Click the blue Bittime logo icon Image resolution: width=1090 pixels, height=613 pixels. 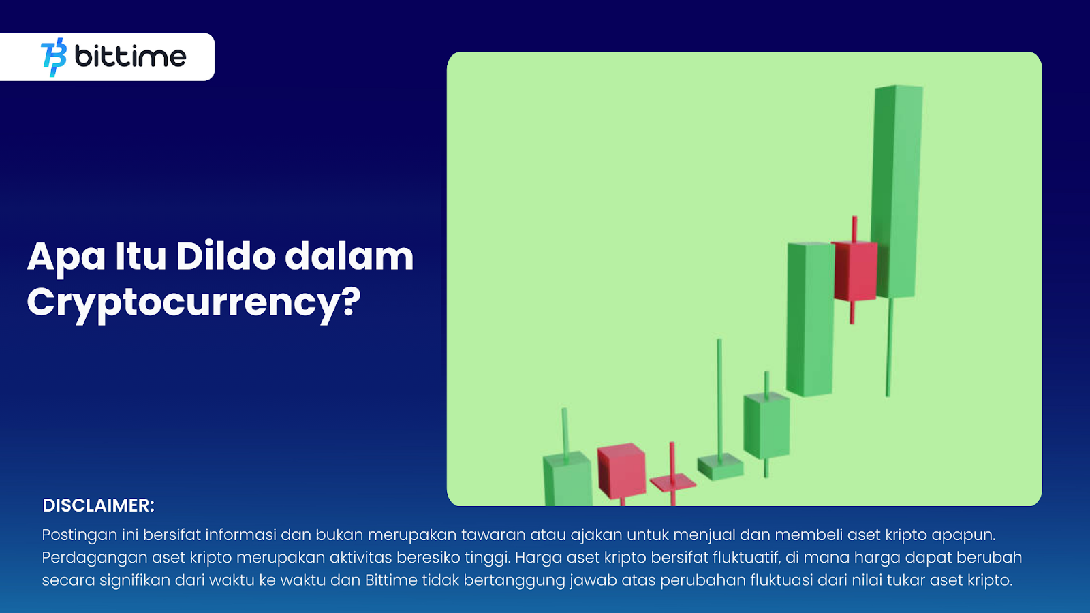[54, 57]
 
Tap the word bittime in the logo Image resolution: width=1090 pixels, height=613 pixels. [130, 57]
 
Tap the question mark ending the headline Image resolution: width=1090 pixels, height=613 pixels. [350, 300]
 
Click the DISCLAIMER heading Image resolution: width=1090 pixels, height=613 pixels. [98, 505]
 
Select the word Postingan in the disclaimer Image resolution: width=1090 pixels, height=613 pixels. [79, 535]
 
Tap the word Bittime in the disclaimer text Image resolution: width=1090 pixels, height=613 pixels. [391, 580]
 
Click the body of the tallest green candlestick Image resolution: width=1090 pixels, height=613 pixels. [897, 191]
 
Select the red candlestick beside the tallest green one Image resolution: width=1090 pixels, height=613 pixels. [855, 270]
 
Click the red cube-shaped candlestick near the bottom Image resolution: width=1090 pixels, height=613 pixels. [621, 471]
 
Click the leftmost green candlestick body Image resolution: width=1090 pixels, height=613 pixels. [567, 480]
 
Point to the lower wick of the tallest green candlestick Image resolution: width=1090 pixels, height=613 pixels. [890, 347]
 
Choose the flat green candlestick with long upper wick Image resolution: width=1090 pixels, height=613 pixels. [720, 466]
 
